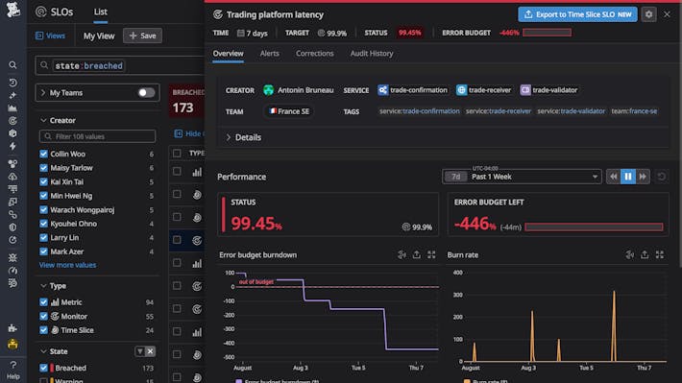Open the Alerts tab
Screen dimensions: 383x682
(269, 54)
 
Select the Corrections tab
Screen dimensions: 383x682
(314, 54)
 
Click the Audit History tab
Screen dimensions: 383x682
(372, 54)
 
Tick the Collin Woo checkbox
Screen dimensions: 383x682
(44, 155)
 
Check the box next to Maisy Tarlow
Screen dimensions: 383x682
(44, 168)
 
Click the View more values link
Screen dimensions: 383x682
(67, 265)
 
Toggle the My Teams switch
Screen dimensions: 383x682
(146, 93)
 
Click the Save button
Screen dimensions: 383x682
(142, 36)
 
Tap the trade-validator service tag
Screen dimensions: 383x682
(550, 90)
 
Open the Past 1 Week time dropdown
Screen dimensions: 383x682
(534, 177)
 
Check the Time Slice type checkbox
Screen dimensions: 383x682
(44, 329)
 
